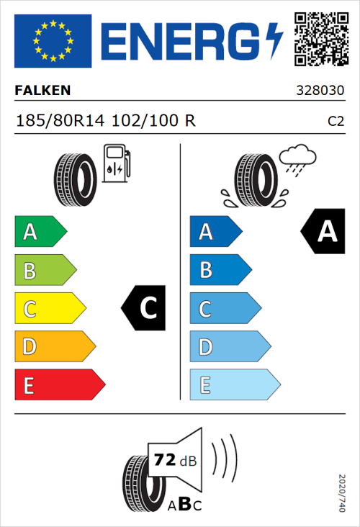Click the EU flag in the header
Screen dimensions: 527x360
[53, 41]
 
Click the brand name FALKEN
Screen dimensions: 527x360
[42, 91]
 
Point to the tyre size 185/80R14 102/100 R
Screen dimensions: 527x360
[105, 121]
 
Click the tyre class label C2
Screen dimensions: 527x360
[336, 122]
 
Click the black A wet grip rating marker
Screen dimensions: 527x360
[323, 232]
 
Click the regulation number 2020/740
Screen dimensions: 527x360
[341, 492]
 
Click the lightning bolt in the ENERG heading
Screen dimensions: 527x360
[274, 41]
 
